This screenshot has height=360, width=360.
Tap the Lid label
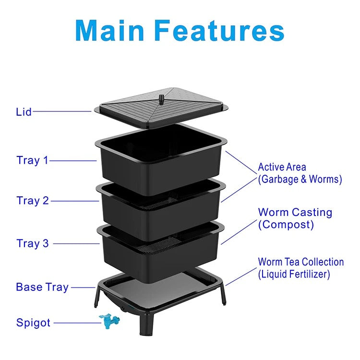tap(24, 112)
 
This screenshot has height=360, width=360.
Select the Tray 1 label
tap(33, 160)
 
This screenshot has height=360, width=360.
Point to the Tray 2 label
tap(33, 201)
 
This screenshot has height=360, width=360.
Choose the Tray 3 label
tap(33, 243)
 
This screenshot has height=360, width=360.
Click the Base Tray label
tap(42, 287)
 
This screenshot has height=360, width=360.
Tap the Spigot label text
tap(33, 323)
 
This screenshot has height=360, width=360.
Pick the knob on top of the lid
tap(162, 99)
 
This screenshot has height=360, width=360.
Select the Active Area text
tap(282, 168)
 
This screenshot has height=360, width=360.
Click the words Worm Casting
tap(295, 212)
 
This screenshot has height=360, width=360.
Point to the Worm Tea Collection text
tap(301, 262)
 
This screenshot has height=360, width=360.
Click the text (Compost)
tap(286, 224)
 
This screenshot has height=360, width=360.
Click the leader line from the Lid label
tap(62, 111)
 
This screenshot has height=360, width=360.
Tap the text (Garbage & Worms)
tap(300, 180)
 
